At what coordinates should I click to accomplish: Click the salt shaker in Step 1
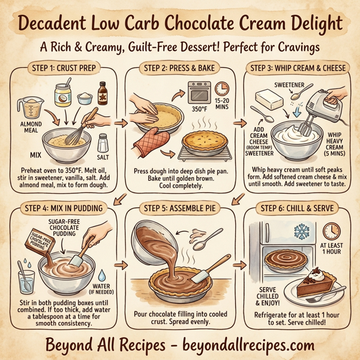click(103, 145)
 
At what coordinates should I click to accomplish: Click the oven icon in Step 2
click(199, 94)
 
